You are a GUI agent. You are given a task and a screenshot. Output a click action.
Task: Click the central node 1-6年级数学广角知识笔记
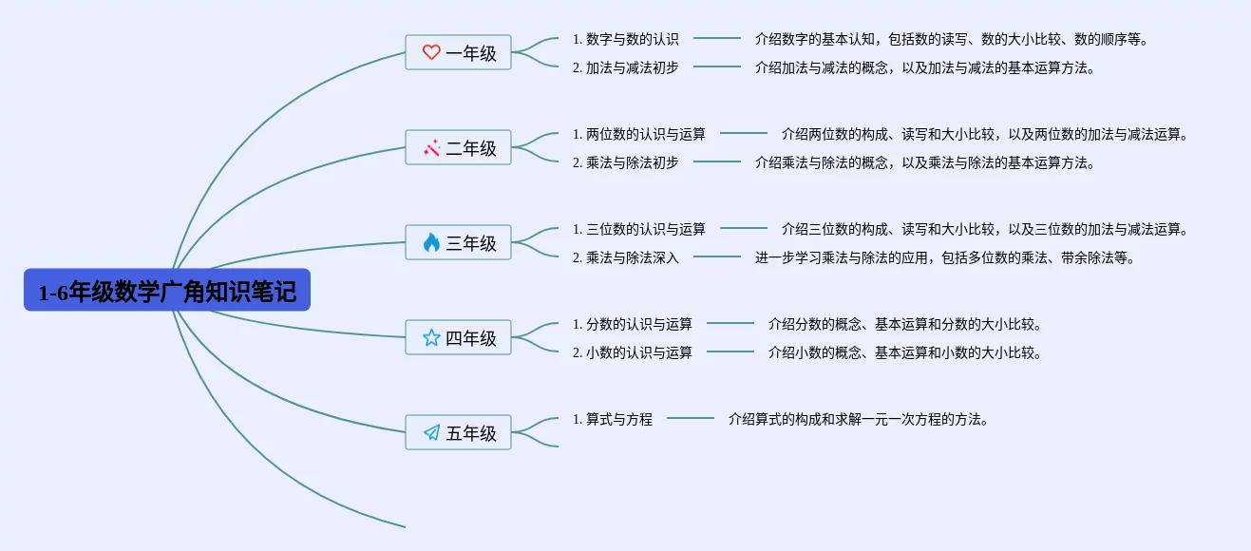[x=167, y=290]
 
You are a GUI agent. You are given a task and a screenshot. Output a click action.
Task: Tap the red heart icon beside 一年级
[x=431, y=52]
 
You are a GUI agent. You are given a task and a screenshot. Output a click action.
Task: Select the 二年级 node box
[x=458, y=147]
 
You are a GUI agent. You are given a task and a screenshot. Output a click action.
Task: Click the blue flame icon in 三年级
[x=431, y=242]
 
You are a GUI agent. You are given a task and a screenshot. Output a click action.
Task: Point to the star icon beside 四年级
[x=431, y=337]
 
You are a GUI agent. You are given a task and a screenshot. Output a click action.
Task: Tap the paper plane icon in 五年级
[x=431, y=432]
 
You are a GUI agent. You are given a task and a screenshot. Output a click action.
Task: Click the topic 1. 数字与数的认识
[x=625, y=39]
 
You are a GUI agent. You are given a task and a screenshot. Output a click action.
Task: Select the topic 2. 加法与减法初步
[x=625, y=67]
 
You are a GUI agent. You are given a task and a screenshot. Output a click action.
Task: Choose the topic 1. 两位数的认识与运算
[x=639, y=134]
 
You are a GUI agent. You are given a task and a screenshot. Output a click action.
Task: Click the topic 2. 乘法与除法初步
[x=625, y=162]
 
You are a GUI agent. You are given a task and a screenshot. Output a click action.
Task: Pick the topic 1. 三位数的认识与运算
[x=639, y=229]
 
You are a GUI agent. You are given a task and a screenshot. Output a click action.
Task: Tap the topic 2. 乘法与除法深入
[x=625, y=257]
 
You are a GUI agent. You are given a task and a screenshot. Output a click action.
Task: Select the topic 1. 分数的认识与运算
[x=633, y=324]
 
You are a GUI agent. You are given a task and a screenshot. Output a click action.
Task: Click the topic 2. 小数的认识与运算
[x=633, y=352]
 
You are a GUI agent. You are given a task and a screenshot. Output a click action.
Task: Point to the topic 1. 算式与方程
[x=612, y=419]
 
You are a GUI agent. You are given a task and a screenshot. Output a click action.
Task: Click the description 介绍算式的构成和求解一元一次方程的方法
[x=859, y=419]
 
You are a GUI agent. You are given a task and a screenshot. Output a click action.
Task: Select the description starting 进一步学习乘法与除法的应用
[x=945, y=257]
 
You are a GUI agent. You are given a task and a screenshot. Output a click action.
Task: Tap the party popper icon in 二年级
[x=431, y=147]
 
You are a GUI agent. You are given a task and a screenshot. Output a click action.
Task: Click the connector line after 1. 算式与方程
[x=691, y=418]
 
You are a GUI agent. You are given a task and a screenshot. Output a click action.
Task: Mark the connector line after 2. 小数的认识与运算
[x=730, y=351]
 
